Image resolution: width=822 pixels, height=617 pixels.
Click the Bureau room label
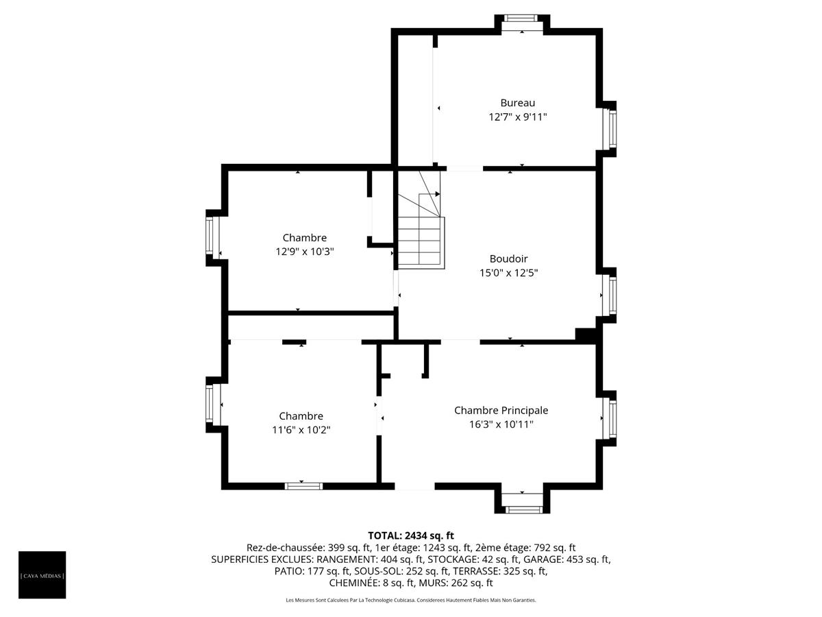click(x=517, y=103)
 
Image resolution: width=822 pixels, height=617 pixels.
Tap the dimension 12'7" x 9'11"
click(x=517, y=117)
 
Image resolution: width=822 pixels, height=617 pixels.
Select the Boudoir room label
click(x=508, y=258)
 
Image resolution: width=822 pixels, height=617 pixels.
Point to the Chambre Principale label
click(x=501, y=410)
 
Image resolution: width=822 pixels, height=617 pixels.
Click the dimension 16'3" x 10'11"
click(x=501, y=424)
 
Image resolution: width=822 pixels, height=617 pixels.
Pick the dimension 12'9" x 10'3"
click(x=304, y=252)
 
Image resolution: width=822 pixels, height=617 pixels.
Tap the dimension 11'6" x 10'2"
click(x=301, y=430)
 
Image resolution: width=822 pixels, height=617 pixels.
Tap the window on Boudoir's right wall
click(x=609, y=295)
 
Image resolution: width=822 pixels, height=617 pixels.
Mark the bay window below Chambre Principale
click(x=523, y=509)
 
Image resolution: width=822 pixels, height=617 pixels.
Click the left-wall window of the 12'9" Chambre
click(x=212, y=237)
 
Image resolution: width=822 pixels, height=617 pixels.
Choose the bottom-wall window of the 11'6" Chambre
click(x=303, y=486)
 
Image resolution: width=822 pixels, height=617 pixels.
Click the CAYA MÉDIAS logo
click(x=42, y=574)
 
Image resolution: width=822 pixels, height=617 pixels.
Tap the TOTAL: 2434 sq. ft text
click(x=410, y=535)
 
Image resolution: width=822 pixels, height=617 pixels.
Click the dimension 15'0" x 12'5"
click(x=508, y=273)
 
